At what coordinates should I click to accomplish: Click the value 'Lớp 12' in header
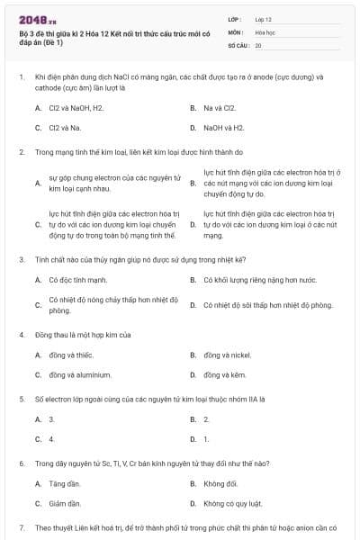pyautogui.click(x=264, y=18)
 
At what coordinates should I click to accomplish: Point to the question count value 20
pyautogui.click(x=258, y=44)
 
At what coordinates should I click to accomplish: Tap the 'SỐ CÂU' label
pyautogui.click(x=238, y=44)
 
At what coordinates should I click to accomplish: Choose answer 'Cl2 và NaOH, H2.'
pyautogui.click(x=76, y=108)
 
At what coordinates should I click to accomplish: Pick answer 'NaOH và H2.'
pyautogui.click(x=224, y=128)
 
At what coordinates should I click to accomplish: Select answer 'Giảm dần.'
pyautogui.click(x=65, y=503)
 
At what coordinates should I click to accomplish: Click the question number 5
pyautogui.click(x=21, y=397)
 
